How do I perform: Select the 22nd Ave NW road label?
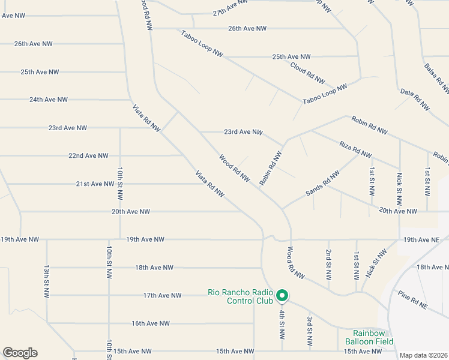pyautogui.click(x=88, y=155)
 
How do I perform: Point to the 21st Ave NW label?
pyautogui.click(x=95, y=184)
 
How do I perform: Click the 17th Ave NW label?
pyautogui.click(x=162, y=295)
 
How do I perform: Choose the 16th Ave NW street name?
pyautogui.click(x=151, y=323)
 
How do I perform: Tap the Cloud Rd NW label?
pyautogui.click(x=307, y=73)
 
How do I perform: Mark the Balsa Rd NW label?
pyautogui.click(x=436, y=79)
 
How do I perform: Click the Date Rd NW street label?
pyautogui.click(x=415, y=100)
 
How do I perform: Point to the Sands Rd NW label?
pyautogui.click(x=322, y=182)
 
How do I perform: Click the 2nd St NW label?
pyautogui.click(x=328, y=265)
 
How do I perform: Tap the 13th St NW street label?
pyautogui.click(x=46, y=281)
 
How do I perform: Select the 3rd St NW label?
pyautogui.click(x=309, y=331)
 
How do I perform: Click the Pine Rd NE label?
pyautogui.click(x=412, y=300)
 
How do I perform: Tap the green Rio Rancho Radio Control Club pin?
pyautogui.click(x=282, y=295)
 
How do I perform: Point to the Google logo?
pyautogui.click(x=20, y=353)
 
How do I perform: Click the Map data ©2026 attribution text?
pyautogui.click(x=423, y=355)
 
